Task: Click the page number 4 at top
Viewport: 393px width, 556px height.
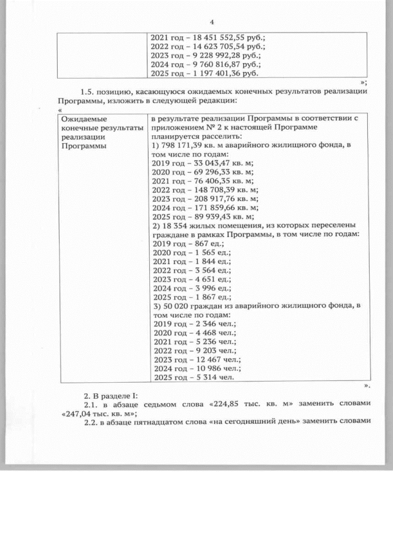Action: tap(211, 23)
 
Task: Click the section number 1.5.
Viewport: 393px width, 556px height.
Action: tap(89, 92)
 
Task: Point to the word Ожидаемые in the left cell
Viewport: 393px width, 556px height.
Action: tap(82, 118)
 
